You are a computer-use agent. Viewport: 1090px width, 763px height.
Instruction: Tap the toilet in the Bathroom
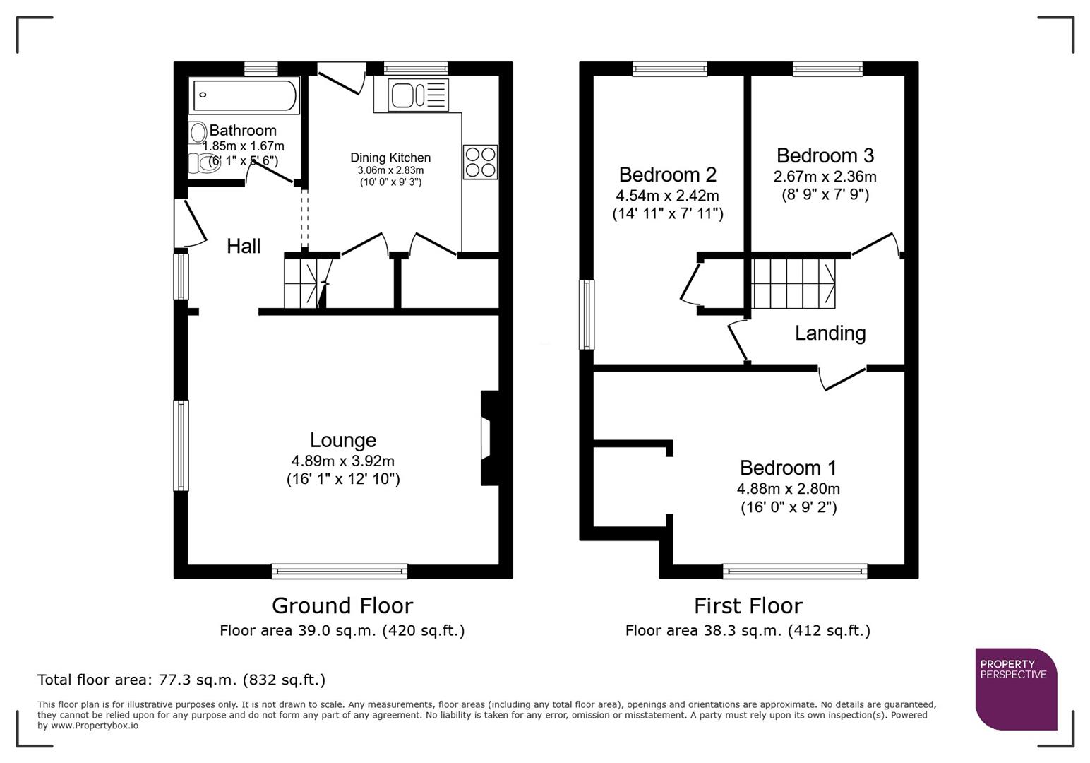203,164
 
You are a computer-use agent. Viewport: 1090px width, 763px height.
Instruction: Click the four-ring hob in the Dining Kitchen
480,162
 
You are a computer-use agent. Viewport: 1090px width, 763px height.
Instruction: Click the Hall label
244,247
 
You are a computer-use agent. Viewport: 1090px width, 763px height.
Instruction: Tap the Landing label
830,333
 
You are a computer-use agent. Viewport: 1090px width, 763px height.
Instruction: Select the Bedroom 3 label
825,155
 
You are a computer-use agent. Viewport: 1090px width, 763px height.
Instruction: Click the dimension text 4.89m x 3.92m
342,461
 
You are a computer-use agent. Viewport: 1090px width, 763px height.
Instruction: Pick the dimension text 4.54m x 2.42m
667,196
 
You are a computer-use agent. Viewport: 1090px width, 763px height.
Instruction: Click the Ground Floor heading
342,605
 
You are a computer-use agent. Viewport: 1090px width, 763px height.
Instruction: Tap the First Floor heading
748,605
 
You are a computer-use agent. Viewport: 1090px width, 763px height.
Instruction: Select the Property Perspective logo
1016,689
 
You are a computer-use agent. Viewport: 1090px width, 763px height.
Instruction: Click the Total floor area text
181,680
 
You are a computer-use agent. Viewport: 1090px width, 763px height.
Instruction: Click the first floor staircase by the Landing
793,283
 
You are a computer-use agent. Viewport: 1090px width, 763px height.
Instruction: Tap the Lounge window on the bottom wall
340,571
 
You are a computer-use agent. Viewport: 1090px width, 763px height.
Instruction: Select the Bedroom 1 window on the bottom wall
795,571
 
